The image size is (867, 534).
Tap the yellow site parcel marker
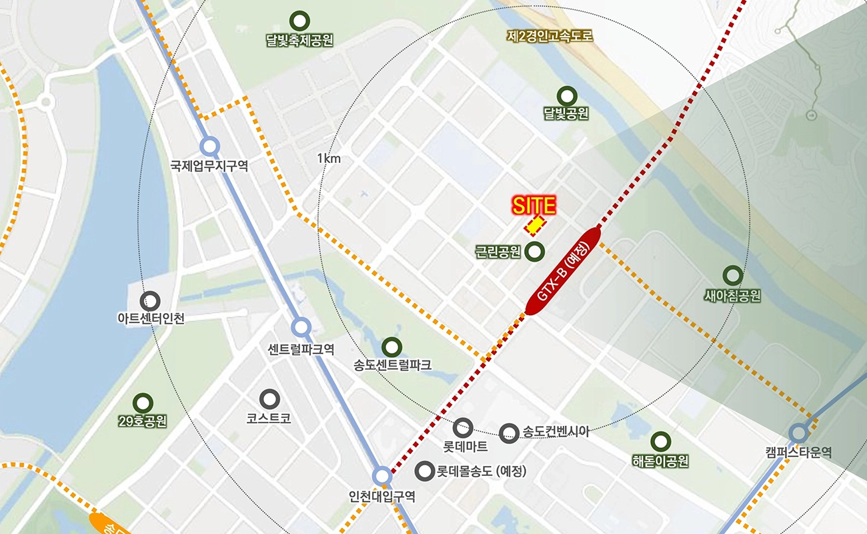(535, 226)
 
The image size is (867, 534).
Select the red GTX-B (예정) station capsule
(564, 271)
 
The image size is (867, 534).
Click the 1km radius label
(329, 158)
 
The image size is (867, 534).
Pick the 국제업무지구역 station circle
(209, 146)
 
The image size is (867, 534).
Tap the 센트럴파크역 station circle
(301, 327)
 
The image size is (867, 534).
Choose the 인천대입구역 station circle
(382, 476)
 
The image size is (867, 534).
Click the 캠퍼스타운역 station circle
(798, 433)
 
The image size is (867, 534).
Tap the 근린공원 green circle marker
(535, 252)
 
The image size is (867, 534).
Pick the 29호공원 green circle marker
(143, 403)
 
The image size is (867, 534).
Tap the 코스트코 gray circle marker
(269, 399)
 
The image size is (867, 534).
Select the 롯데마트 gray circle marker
(462, 427)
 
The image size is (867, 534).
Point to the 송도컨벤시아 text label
(556, 432)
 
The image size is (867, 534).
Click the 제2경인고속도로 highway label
(550, 36)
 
